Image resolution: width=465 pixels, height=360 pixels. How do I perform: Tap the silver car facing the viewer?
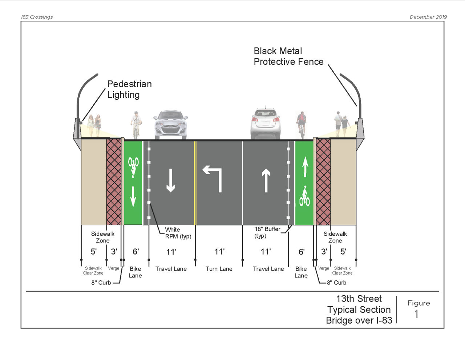click(x=170, y=124)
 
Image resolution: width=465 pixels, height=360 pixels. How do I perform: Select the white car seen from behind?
click(x=265, y=124)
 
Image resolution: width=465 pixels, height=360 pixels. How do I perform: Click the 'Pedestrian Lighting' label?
click(x=129, y=89)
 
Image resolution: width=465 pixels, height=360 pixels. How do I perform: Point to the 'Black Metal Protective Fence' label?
click(x=288, y=56)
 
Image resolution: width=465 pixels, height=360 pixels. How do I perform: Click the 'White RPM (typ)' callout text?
click(x=178, y=233)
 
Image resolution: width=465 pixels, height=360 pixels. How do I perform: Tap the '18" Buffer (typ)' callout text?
click(x=267, y=232)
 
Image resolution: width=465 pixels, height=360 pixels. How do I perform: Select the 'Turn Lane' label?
click(x=219, y=269)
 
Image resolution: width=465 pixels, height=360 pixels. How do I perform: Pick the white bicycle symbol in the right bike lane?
click(x=304, y=197)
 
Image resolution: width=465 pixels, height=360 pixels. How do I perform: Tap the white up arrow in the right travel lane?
click(x=266, y=180)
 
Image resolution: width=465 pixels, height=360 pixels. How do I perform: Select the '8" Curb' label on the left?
click(x=101, y=283)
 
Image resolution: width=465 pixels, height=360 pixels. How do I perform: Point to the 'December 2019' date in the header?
click(x=428, y=17)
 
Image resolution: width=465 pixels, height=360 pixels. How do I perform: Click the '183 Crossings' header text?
click(x=37, y=17)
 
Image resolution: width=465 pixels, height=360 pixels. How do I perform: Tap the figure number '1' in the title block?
click(x=417, y=314)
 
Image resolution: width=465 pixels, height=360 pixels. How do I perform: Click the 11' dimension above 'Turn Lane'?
click(x=219, y=252)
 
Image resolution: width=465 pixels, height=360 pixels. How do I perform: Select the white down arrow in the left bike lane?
click(x=133, y=196)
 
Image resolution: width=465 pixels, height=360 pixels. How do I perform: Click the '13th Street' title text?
click(x=359, y=299)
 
